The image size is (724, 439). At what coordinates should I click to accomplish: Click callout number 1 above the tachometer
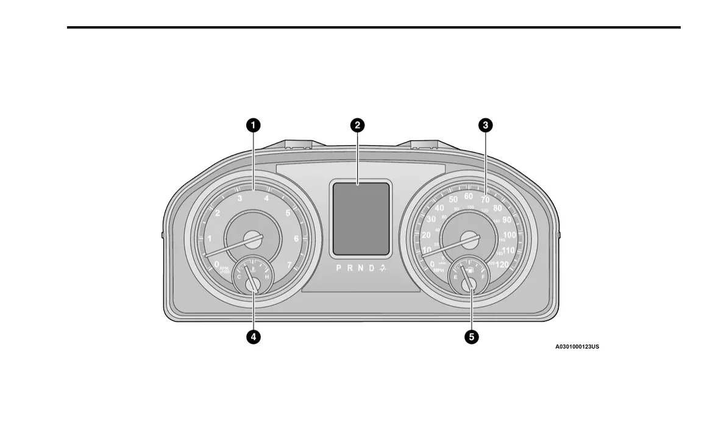(253, 126)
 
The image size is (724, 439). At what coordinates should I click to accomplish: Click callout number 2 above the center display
(358, 126)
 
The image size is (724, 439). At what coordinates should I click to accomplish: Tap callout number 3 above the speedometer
(485, 126)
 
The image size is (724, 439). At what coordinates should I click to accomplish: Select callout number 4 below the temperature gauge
(253, 336)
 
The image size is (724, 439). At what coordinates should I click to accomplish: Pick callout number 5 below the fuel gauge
(470, 336)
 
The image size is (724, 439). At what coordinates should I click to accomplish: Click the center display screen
(360, 218)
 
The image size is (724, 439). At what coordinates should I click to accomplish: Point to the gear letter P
(339, 268)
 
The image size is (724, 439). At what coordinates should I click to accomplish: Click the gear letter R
(350, 268)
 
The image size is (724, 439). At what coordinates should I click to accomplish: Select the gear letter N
(361, 268)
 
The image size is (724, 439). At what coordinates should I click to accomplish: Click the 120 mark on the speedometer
(503, 264)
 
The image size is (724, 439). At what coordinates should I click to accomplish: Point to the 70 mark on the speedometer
(485, 199)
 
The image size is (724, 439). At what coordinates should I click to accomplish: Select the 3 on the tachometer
(240, 198)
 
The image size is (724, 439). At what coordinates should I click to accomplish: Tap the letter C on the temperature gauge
(239, 277)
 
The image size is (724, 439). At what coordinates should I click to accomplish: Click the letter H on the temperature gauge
(267, 277)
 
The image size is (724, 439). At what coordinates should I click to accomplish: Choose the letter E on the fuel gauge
(455, 277)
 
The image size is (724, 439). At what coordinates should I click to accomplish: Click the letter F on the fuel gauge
(483, 277)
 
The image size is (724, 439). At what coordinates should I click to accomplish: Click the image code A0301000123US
(577, 347)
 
